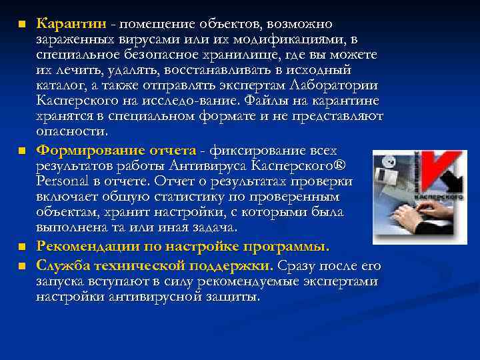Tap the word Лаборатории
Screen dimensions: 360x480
tap(335, 85)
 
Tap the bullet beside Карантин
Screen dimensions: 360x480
tap(22, 25)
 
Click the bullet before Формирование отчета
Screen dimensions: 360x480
tap(22, 150)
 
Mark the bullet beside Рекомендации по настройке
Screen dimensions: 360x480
tap(22, 247)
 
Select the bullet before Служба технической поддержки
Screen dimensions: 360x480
tap(22, 266)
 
